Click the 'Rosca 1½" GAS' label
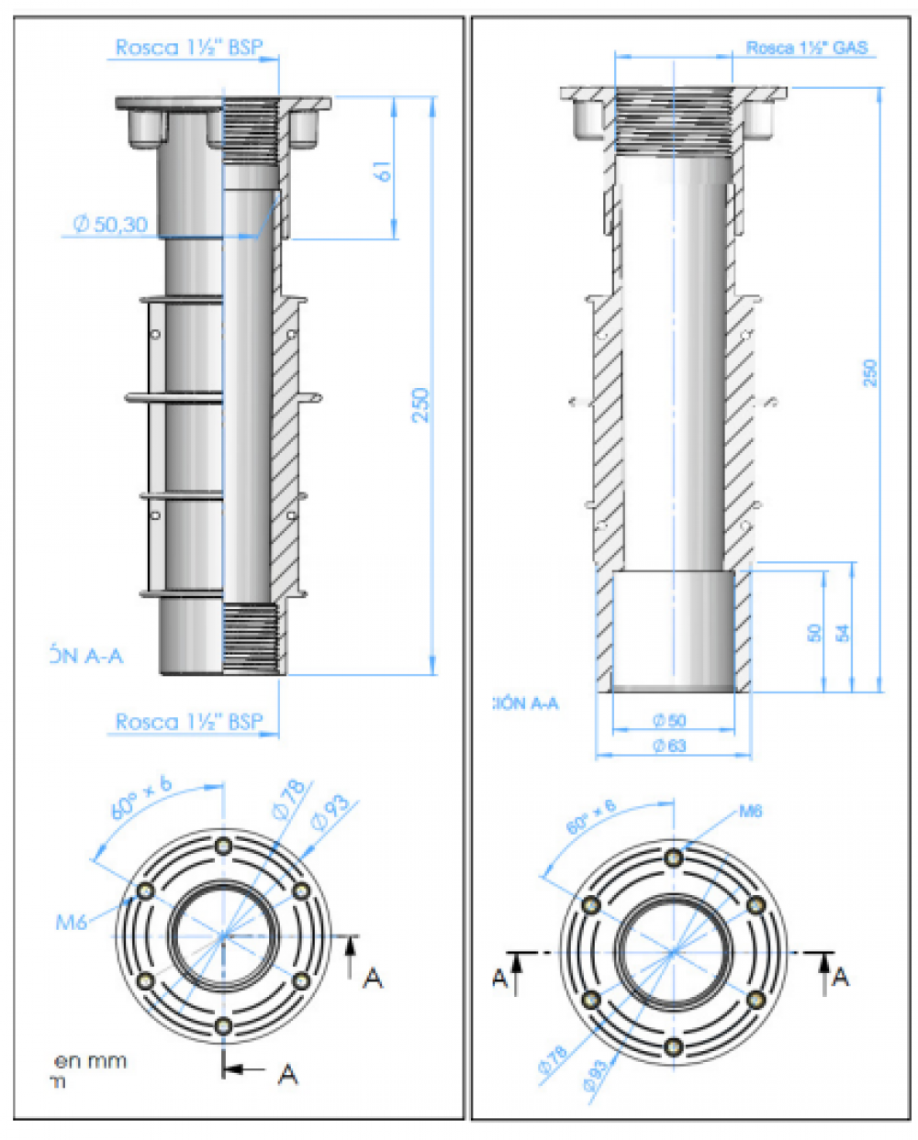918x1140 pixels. pyautogui.click(x=806, y=49)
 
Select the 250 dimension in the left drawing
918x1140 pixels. pyautogui.click(x=420, y=404)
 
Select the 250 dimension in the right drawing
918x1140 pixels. pyautogui.click(x=870, y=372)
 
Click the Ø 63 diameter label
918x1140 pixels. pyautogui.click(x=669, y=746)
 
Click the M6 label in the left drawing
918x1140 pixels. pyautogui.click(x=72, y=922)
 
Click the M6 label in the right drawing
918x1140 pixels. pyautogui.click(x=750, y=811)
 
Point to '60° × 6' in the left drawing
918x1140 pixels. pyautogui.click(x=141, y=797)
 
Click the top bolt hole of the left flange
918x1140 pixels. pyautogui.click(x=223, y=846)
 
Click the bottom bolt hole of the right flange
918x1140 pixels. pyautogui.click(x=674, y=1046)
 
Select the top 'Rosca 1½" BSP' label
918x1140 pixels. pyautogui.click(x=189, y=49)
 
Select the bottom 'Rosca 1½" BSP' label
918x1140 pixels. pyautogui.click(x=189, y=722)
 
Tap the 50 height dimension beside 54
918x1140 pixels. pyautogui.click(x=814, y=633)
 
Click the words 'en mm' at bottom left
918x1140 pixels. pyautogui.click(x=91, y=1061)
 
